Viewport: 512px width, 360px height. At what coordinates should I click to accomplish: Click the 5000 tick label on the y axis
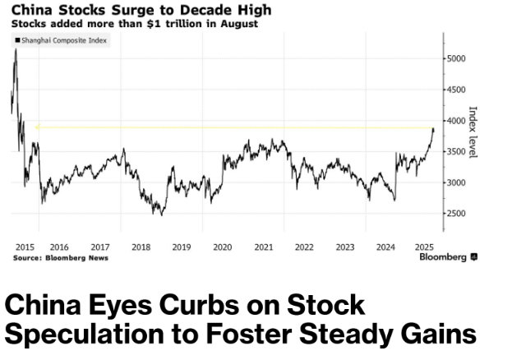tap(457, 59)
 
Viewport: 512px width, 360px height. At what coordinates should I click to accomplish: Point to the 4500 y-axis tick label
tap(457, 90)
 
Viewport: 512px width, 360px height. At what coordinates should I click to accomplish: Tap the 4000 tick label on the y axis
tap(457, 121)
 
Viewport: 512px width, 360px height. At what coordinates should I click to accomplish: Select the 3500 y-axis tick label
tap(457, 152)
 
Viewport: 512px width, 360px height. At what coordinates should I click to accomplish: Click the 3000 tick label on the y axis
tap(457, 182)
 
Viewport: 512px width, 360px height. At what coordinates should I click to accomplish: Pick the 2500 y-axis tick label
tap(457, 214)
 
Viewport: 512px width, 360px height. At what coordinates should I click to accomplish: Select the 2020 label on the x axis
tap(222, 247)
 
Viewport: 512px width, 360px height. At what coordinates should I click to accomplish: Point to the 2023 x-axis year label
tap(345, 247)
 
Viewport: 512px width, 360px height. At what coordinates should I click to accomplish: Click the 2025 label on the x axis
tap(424, 247)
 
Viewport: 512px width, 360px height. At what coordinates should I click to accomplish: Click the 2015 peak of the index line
tap(16, 51)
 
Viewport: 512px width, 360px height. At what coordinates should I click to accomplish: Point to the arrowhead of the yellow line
tap(36, 127)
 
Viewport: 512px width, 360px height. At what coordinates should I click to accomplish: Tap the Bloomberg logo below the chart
tap(448, 257)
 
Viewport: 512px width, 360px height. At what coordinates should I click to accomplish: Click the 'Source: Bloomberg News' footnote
tap(60, 257)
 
